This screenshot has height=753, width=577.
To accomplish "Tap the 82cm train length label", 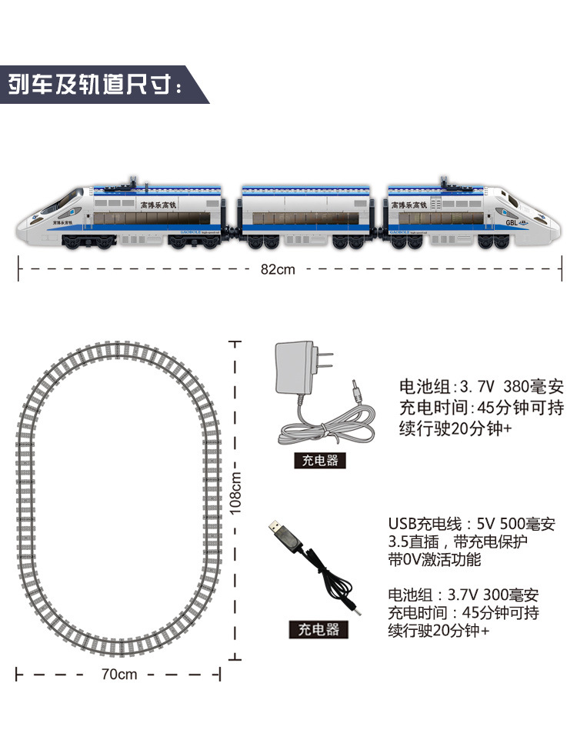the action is (277, 269).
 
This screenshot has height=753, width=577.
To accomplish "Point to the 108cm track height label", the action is (236, 492).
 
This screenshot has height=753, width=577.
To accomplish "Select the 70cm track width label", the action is (118, 675).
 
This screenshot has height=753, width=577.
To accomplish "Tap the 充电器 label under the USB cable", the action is (318, 629).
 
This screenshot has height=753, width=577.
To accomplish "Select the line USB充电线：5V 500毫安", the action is (471, 525).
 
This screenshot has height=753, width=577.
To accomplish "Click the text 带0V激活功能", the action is (435, 559).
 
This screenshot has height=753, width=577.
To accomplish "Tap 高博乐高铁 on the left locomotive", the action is (158, 206).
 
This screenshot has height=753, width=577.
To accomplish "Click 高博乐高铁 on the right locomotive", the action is (409, 205).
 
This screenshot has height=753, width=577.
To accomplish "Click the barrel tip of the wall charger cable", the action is (355, 389).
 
